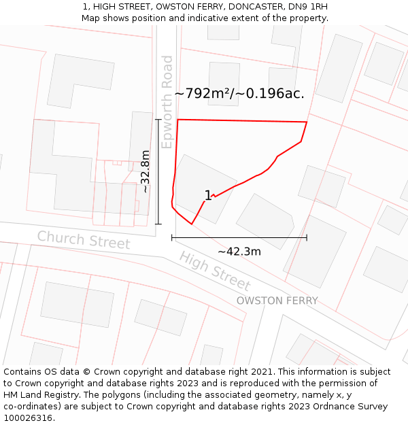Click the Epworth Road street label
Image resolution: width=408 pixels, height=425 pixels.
[167, 102]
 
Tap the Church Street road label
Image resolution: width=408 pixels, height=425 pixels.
[83, 240]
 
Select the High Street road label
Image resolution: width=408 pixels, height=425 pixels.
[214, 271]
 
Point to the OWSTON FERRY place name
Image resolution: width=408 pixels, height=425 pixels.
[277, 301]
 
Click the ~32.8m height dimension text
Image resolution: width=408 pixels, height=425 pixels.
[145, 171]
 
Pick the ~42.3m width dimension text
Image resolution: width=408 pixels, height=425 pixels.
[239, 252]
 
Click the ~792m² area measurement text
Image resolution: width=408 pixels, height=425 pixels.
[203, 93]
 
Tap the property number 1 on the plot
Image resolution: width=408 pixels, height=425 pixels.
[208, 196]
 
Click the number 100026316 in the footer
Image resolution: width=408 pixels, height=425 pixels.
[28, 418]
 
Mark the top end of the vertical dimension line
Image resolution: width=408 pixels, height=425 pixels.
[158, 120]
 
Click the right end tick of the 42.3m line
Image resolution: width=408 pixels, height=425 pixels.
[307, 237]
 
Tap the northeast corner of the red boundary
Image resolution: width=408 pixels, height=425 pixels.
[307, 122]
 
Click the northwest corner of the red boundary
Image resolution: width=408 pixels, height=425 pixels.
[177, 120]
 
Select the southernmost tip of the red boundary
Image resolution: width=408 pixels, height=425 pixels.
[192, 224]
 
